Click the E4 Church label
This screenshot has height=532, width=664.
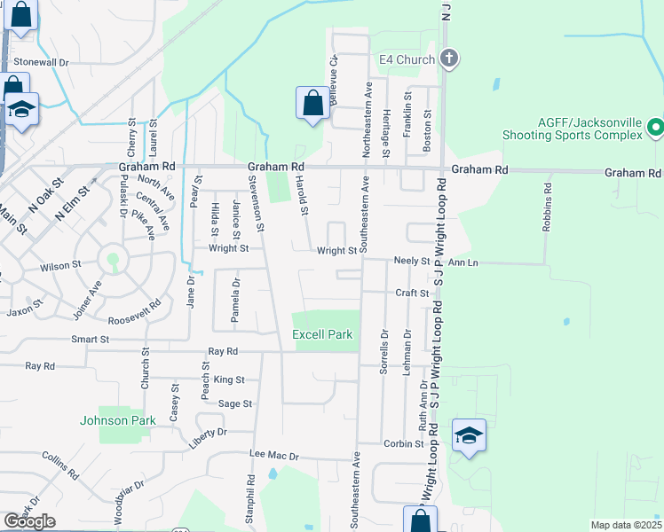coord(407,59)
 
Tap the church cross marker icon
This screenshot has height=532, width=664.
coord(449,59)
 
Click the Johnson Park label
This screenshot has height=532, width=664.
coord(118,420)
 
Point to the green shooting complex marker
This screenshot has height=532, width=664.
coord(656,129)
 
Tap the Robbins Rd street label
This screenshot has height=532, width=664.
coord(548,207)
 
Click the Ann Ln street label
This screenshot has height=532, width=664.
coord(462,262)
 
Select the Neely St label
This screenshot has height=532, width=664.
coord(412,262)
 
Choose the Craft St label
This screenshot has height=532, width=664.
coord(413,293)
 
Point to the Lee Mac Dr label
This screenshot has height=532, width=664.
coord(275,455)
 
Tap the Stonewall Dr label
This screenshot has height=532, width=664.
coord(42,63)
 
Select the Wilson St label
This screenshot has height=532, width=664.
coord(60,265)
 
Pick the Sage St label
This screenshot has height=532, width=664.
coord(235,403)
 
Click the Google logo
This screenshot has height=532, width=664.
coord(29,521)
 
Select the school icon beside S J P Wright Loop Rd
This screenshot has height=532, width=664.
coord(469,436)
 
